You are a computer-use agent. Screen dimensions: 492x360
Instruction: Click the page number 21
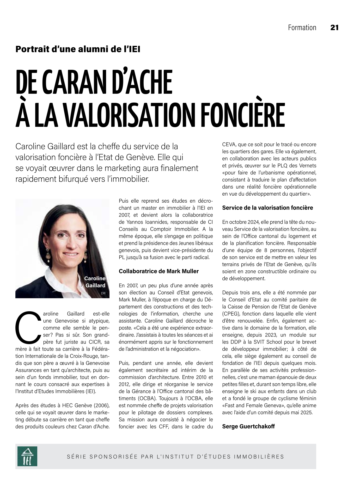[334, 28]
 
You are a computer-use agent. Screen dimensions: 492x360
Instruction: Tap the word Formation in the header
[302, 28]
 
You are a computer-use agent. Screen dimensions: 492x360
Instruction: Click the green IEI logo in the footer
[27, 456]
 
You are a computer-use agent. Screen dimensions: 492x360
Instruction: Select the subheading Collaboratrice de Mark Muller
[158, 271]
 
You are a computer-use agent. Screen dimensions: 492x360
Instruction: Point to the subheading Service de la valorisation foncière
[267, 208]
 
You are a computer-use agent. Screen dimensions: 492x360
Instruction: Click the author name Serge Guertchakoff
[248, 427]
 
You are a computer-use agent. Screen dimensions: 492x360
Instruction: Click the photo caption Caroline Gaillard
[95, 282]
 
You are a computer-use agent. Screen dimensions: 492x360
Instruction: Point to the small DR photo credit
[103, 293]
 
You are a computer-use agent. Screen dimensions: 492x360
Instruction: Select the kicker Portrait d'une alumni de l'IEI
[78, 49]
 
